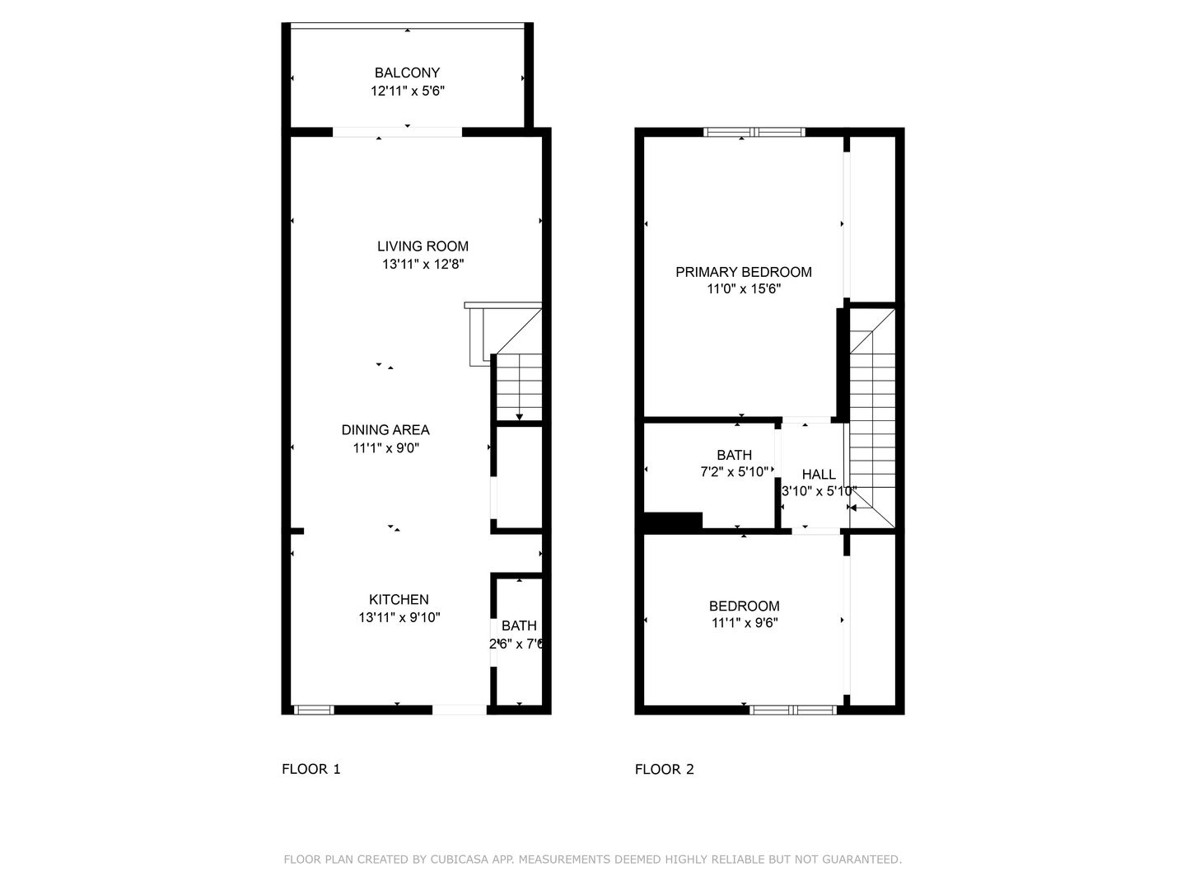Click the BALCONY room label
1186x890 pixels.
tap(407, 73)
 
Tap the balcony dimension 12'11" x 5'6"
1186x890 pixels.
tap(407, 91)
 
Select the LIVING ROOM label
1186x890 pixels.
tap(423, 246)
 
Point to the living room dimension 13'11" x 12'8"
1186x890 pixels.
tap(423, 264)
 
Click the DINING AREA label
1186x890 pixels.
tap(385, 429)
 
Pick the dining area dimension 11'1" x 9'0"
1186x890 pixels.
tap(385, 447)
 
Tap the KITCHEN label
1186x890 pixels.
tap(399, 599)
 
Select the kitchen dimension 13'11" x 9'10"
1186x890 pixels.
tap(399, 617)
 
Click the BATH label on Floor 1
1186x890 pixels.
tap(519, 625)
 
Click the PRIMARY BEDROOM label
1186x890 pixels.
tap(743, 271)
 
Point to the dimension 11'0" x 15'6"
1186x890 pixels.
tap(743, 289)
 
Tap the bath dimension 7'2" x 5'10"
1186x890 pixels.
tap(734, 472)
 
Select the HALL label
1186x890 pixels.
tap(819, 474)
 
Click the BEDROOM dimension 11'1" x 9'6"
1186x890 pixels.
tap(745, 624)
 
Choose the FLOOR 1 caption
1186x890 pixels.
tap(311, 769)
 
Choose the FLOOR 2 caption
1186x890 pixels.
tap(664, 769)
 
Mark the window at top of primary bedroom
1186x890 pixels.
tap(754, 131)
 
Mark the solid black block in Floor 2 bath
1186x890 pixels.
tap(673, 521)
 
